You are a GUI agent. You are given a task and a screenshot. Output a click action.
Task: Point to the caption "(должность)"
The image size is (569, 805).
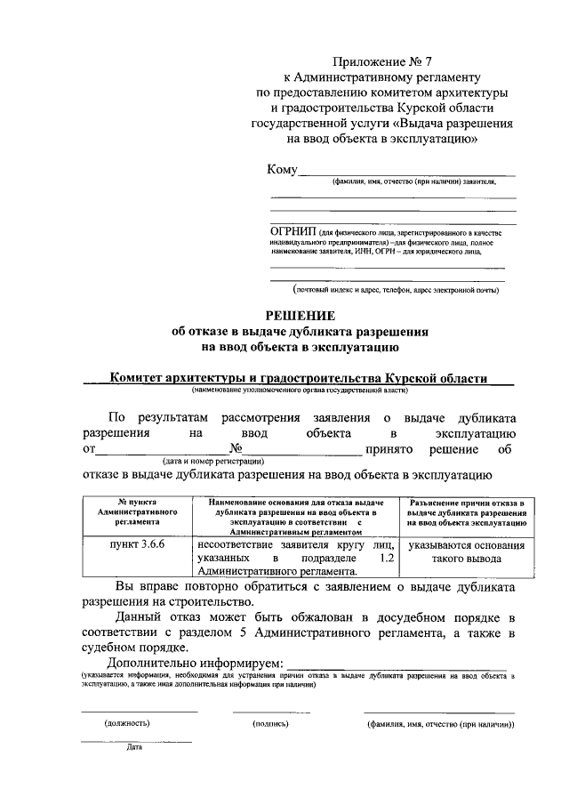pos(128,723)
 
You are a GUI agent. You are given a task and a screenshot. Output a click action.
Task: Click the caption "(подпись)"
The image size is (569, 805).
pos(271,723)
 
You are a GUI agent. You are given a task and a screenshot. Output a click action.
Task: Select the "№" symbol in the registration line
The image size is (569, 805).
pos(236,450)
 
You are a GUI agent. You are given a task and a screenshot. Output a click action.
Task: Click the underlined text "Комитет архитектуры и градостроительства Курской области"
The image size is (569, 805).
pos(298,378)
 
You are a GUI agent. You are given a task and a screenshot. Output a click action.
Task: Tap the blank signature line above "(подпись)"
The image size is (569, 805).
pos(271,712)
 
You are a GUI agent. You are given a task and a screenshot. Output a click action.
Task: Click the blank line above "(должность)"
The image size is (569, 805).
pos(139,712)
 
